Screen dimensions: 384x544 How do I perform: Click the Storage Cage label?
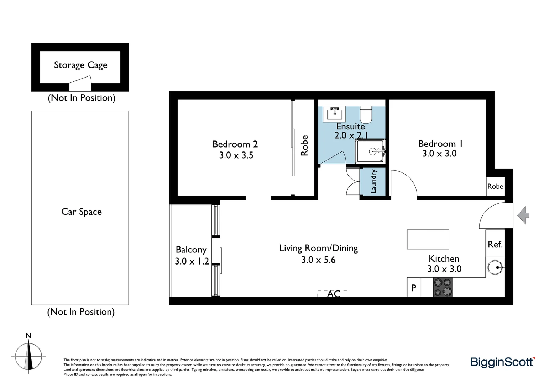(x=80, y=65)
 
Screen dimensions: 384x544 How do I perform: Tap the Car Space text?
(x=82, y=212)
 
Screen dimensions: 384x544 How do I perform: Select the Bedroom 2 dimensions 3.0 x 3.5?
(x=236, y=155)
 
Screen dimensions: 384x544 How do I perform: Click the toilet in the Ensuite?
(x=366, y=114)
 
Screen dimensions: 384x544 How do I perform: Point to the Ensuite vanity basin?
(x=335, y=113)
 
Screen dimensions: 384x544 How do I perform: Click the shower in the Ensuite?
(x=370, y=151)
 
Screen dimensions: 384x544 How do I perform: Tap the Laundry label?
(x=373, y=182)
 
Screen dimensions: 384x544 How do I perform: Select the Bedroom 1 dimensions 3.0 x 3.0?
(x=439, y=154)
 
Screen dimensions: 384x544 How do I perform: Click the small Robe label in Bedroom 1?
(x=495, y=186)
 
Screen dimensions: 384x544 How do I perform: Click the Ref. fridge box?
(x=495, y=245)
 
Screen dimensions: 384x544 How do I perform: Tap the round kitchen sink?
(x=495, y=267)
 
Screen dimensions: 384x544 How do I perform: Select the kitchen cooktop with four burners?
(x=443, y=287)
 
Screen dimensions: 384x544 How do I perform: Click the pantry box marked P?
(x=413, y=288)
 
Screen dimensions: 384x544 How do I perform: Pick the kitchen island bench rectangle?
(x=428, y=239)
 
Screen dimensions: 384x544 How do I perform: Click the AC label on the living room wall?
(x=334, y=294)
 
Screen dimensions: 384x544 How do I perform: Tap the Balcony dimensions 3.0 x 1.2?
(x=192, y=261)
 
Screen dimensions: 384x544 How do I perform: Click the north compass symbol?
(x=28, y=356)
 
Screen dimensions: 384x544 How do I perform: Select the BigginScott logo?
(x=502, y=362)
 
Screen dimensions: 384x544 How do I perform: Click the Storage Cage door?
(x=80, y=86)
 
